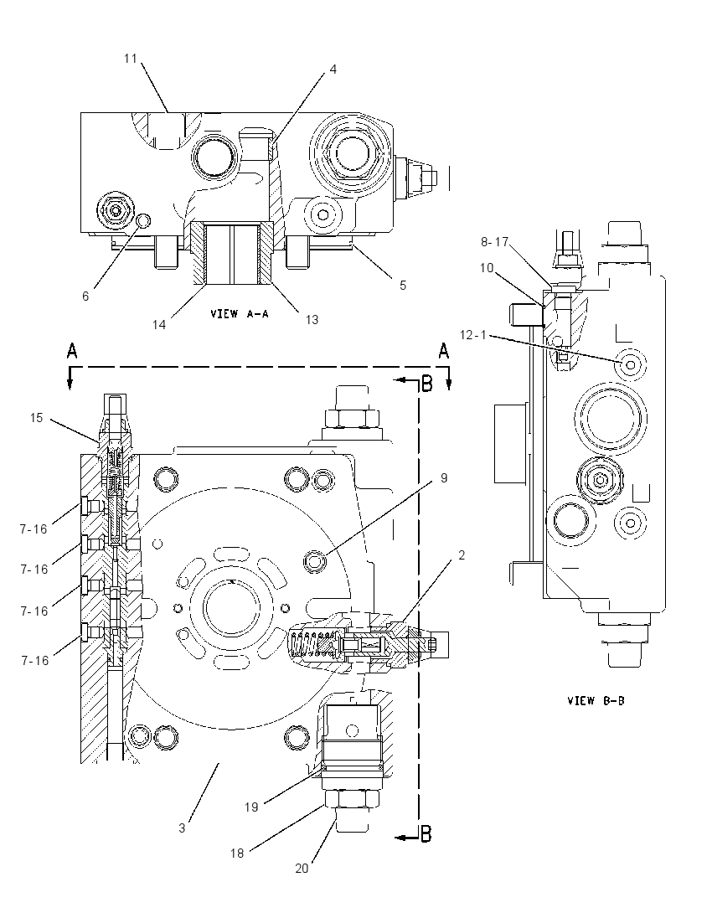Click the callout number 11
click(x=130, y=59)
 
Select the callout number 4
click(x=333, y=69)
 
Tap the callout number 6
click(x=85, y=297)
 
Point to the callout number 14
click(x=159, y=324)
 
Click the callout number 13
click(x=312, y=319)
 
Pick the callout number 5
click(x=403, y=285)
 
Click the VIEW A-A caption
click(x=239, y=314)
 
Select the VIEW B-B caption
click(x=596, y=700)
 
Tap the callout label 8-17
click(x=495, y=241)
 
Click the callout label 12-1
click(x=473, y=335)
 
